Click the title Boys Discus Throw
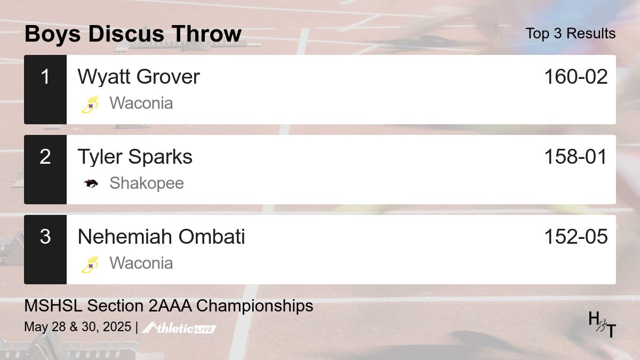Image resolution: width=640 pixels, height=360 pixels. [x=133, y=34]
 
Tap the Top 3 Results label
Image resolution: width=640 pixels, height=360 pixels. [x=570, y=34]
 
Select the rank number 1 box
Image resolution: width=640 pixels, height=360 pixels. [x=45, y=89]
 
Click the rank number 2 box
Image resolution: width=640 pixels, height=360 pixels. [x=45, y=169]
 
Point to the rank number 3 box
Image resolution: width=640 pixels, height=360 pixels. [x=45, y=249]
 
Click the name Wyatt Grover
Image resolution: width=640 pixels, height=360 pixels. [x=138, y=77]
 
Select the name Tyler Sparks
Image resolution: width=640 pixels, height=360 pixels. [x=135, y=157]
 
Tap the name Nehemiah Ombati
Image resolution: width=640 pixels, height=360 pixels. [x=161, y=237]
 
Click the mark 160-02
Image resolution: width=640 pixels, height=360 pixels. [x=575, y=77]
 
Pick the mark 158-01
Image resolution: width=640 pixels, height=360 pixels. [x=575, y=157]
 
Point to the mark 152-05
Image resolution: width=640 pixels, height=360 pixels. [x=575, y=237]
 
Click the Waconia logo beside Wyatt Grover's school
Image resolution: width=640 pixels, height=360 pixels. [x=90, y=103]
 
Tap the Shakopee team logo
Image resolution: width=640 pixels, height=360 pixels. [x=90, y=183]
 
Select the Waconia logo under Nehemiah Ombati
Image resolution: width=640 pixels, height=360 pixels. [x=90, y=263]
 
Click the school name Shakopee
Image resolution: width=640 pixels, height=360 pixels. [x=146, y=183]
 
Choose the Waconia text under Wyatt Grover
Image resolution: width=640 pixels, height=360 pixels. [x=141, y=103]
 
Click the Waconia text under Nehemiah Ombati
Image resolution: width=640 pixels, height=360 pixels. [x=141, y=263]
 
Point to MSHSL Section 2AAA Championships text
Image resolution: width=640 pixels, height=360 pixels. [x=169, y=306]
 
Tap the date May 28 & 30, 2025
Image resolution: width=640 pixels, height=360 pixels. [x=77, y=327]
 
